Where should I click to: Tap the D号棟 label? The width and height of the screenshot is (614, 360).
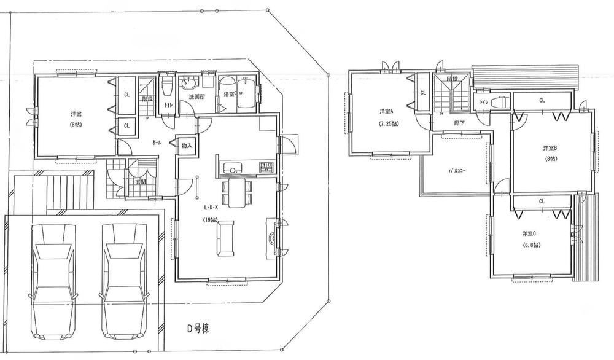point(198,329)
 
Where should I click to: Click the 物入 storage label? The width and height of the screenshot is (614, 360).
point(187,146)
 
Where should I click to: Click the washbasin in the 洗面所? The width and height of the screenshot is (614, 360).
point(188,84)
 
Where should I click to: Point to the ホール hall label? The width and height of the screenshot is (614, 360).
point(157,143)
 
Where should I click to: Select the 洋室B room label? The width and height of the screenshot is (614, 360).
point(550,148)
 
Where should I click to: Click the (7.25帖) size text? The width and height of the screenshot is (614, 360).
point(388,123)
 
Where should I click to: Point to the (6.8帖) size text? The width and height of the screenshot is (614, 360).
point(532,245)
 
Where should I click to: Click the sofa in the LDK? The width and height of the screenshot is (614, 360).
point(225,238)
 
